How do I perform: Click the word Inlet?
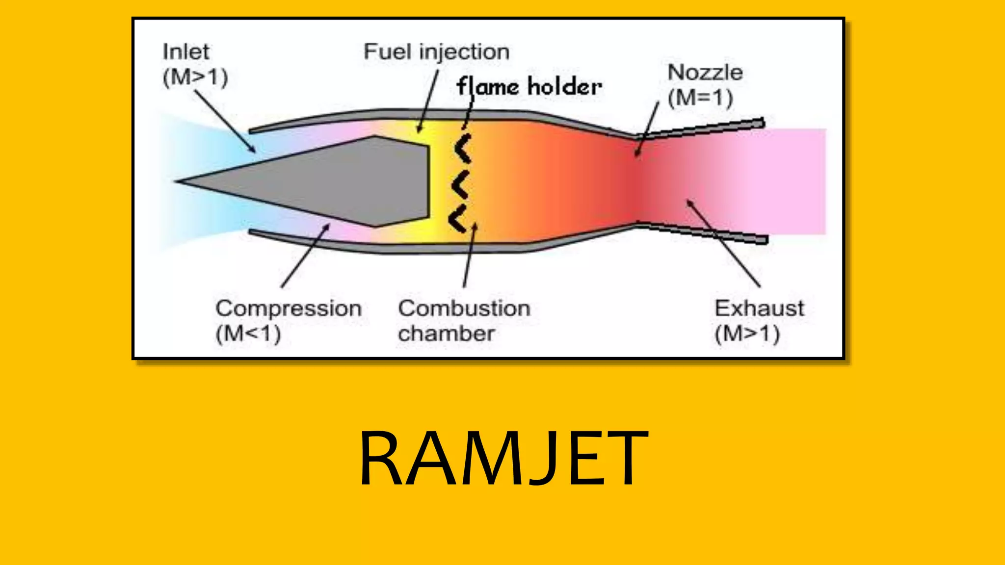pyautogui.click(x=186, y=51)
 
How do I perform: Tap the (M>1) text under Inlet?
pyautogui.click(x=195, y=77)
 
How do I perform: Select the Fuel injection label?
pyautogui.click(x=436, y=51)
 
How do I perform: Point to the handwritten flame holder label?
pyautogui.click(x=529, y=87)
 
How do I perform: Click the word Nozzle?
pyautogui.click(x=705, y=73)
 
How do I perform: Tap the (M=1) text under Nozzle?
pyautogui.click(x=700, y=98)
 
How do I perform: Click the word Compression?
pyautogui.click(x=289, y=308)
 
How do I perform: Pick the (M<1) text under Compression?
pyautogui.click(x=248, y=334)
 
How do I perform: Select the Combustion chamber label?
pyautogui.click(x=464, y=321)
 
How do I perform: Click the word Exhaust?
pyautogui.click(x=759, y=308)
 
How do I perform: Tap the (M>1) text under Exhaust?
pyautogui.click(x=747, y=334)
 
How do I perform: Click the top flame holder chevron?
pyautogui.click(x=463, y=148)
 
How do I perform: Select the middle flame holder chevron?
pyautogui.click(x=461, y=185)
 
